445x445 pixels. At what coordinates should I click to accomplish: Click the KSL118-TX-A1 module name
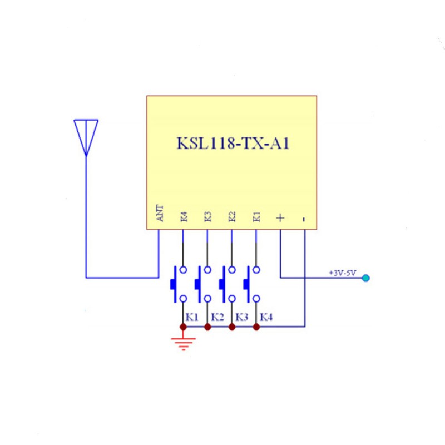233,143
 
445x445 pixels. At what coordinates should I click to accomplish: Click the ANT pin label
160,213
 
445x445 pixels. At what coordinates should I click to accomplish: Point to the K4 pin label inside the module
184,216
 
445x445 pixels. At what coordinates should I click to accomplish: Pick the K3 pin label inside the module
208,216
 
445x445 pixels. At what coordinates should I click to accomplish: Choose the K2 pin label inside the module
232,216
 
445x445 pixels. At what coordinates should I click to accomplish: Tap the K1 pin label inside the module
256,216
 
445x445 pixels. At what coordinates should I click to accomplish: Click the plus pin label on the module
280,218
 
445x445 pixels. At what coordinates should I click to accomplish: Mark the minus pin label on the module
304,219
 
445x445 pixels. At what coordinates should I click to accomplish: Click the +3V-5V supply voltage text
342,273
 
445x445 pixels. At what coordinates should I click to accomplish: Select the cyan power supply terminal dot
366,278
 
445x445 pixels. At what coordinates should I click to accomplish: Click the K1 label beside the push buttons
192,317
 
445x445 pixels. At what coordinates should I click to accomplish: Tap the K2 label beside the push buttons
217,317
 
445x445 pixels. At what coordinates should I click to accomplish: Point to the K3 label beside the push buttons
242,317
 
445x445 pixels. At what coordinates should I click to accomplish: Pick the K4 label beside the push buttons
266,317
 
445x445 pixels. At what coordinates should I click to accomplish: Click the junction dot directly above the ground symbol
184,327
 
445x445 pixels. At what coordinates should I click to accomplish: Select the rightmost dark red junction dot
256,327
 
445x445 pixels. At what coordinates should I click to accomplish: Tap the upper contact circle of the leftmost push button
184,270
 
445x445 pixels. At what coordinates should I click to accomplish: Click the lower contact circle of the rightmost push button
256,299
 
